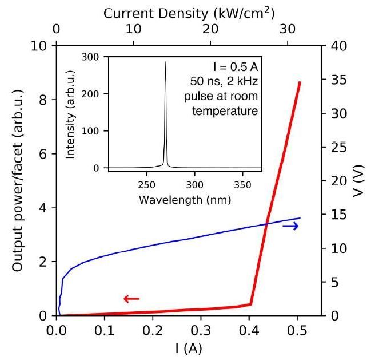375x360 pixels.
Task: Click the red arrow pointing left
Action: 131,298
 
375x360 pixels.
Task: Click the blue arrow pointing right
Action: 290,226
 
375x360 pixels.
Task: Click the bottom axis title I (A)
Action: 189,348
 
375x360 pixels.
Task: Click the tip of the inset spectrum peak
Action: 166,61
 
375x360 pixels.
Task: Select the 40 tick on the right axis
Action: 333,46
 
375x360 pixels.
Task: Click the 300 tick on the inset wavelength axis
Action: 195,185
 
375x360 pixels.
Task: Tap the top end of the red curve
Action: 299,82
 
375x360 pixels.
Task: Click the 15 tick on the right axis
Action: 333,215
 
